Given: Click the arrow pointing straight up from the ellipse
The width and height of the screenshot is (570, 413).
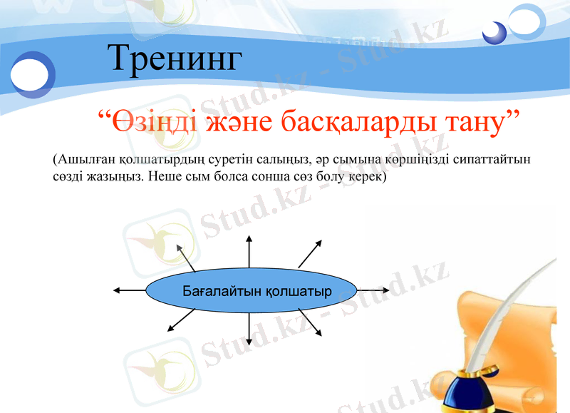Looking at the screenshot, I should tap(249, 250).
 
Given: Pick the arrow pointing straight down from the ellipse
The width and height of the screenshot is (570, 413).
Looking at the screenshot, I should tap(249, 330).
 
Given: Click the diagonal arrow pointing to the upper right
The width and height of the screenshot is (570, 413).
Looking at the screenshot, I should tap(310, 253).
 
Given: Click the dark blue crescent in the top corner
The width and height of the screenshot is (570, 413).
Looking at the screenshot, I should tap(493, 32).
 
